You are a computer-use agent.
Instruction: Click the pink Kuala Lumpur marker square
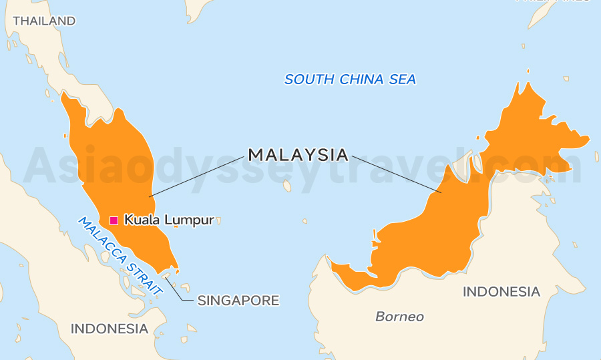point(114,220)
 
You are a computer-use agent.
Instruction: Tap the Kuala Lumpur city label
point(169,220)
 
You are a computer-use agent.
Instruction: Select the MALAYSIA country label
point(298,155)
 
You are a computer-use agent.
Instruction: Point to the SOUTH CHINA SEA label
point(350,79)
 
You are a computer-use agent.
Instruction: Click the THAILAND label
point(44,21)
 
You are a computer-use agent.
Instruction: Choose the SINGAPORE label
point(238,301)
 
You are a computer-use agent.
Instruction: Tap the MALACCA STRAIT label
point(121,256)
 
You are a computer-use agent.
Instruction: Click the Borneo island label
point(399,317)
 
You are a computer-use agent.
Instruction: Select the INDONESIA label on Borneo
point(501,292)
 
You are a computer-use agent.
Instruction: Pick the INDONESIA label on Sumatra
point(110,329)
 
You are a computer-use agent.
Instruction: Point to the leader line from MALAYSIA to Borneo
point(396,174)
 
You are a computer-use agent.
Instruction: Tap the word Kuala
point(140,220)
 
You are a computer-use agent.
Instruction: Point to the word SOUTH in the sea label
point(309,79)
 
